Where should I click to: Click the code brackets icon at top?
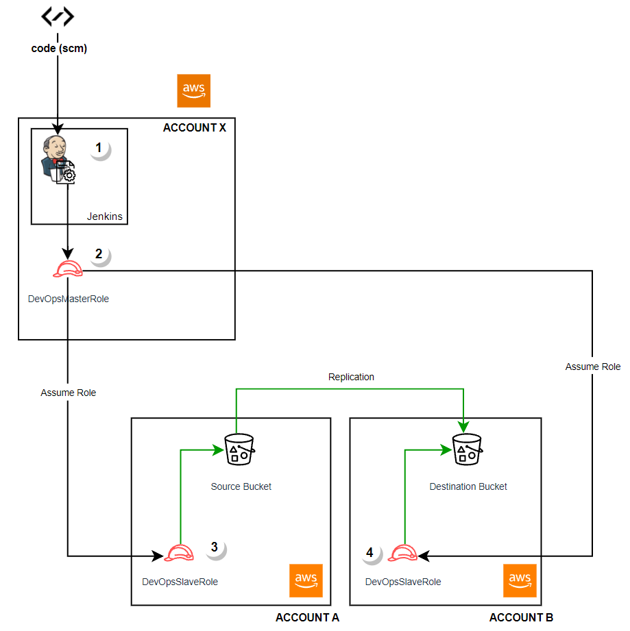pos(58,16)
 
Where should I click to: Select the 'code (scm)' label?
pos(59,49)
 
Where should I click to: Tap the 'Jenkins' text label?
pos(104,216)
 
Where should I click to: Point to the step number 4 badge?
pos(370,552)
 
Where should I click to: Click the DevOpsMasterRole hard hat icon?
pos(67,269)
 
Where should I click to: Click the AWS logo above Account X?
pos(194,91)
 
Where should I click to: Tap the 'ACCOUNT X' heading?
pos(194,128)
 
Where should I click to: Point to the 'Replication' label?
pos(351,377)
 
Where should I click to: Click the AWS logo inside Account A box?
pos(306,580)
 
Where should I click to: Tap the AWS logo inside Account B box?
pos(520,580)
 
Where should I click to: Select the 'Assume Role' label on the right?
pos(592,367)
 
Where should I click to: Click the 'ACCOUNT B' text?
pos(521,617)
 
